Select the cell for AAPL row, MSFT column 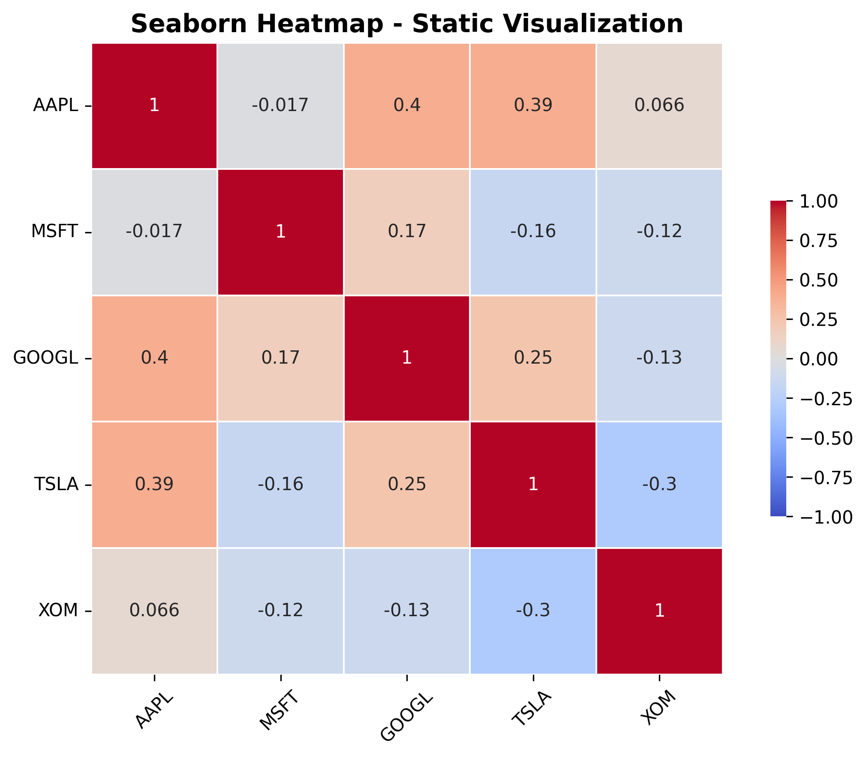coord(280,105)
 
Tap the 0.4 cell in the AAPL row coord(407,105)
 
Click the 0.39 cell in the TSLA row coord(154,484)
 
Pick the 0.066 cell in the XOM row coord(154,610)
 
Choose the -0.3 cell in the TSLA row coord(659,484)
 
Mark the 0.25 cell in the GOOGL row coord(533,358)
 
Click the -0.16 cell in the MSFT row coord(533,232)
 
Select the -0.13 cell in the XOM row coord(407,610)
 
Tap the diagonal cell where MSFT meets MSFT coord(280,232)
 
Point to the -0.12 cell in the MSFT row coord(659,232)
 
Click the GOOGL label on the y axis coord(46,358)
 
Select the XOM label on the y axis coord(58,610)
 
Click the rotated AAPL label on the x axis coord(154,711)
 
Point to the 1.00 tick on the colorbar coord(818,202)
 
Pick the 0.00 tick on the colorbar coord(818,359)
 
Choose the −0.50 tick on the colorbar coord(826,438)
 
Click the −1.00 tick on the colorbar coord(826,517)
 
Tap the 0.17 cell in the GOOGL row coord(280,358)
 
